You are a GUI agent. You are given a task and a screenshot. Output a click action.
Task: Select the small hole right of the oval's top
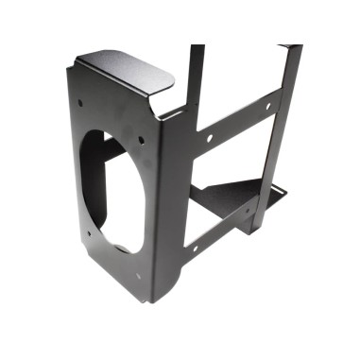142,140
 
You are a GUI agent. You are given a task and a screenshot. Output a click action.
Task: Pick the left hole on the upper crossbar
209,138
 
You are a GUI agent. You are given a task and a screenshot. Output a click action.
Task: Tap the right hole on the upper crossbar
267,106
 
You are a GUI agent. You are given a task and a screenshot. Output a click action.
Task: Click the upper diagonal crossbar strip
236,123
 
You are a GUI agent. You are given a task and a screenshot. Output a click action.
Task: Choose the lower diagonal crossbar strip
222,232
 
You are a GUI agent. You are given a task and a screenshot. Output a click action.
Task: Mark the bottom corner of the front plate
150,300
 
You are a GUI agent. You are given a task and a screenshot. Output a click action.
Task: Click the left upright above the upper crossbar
196,80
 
